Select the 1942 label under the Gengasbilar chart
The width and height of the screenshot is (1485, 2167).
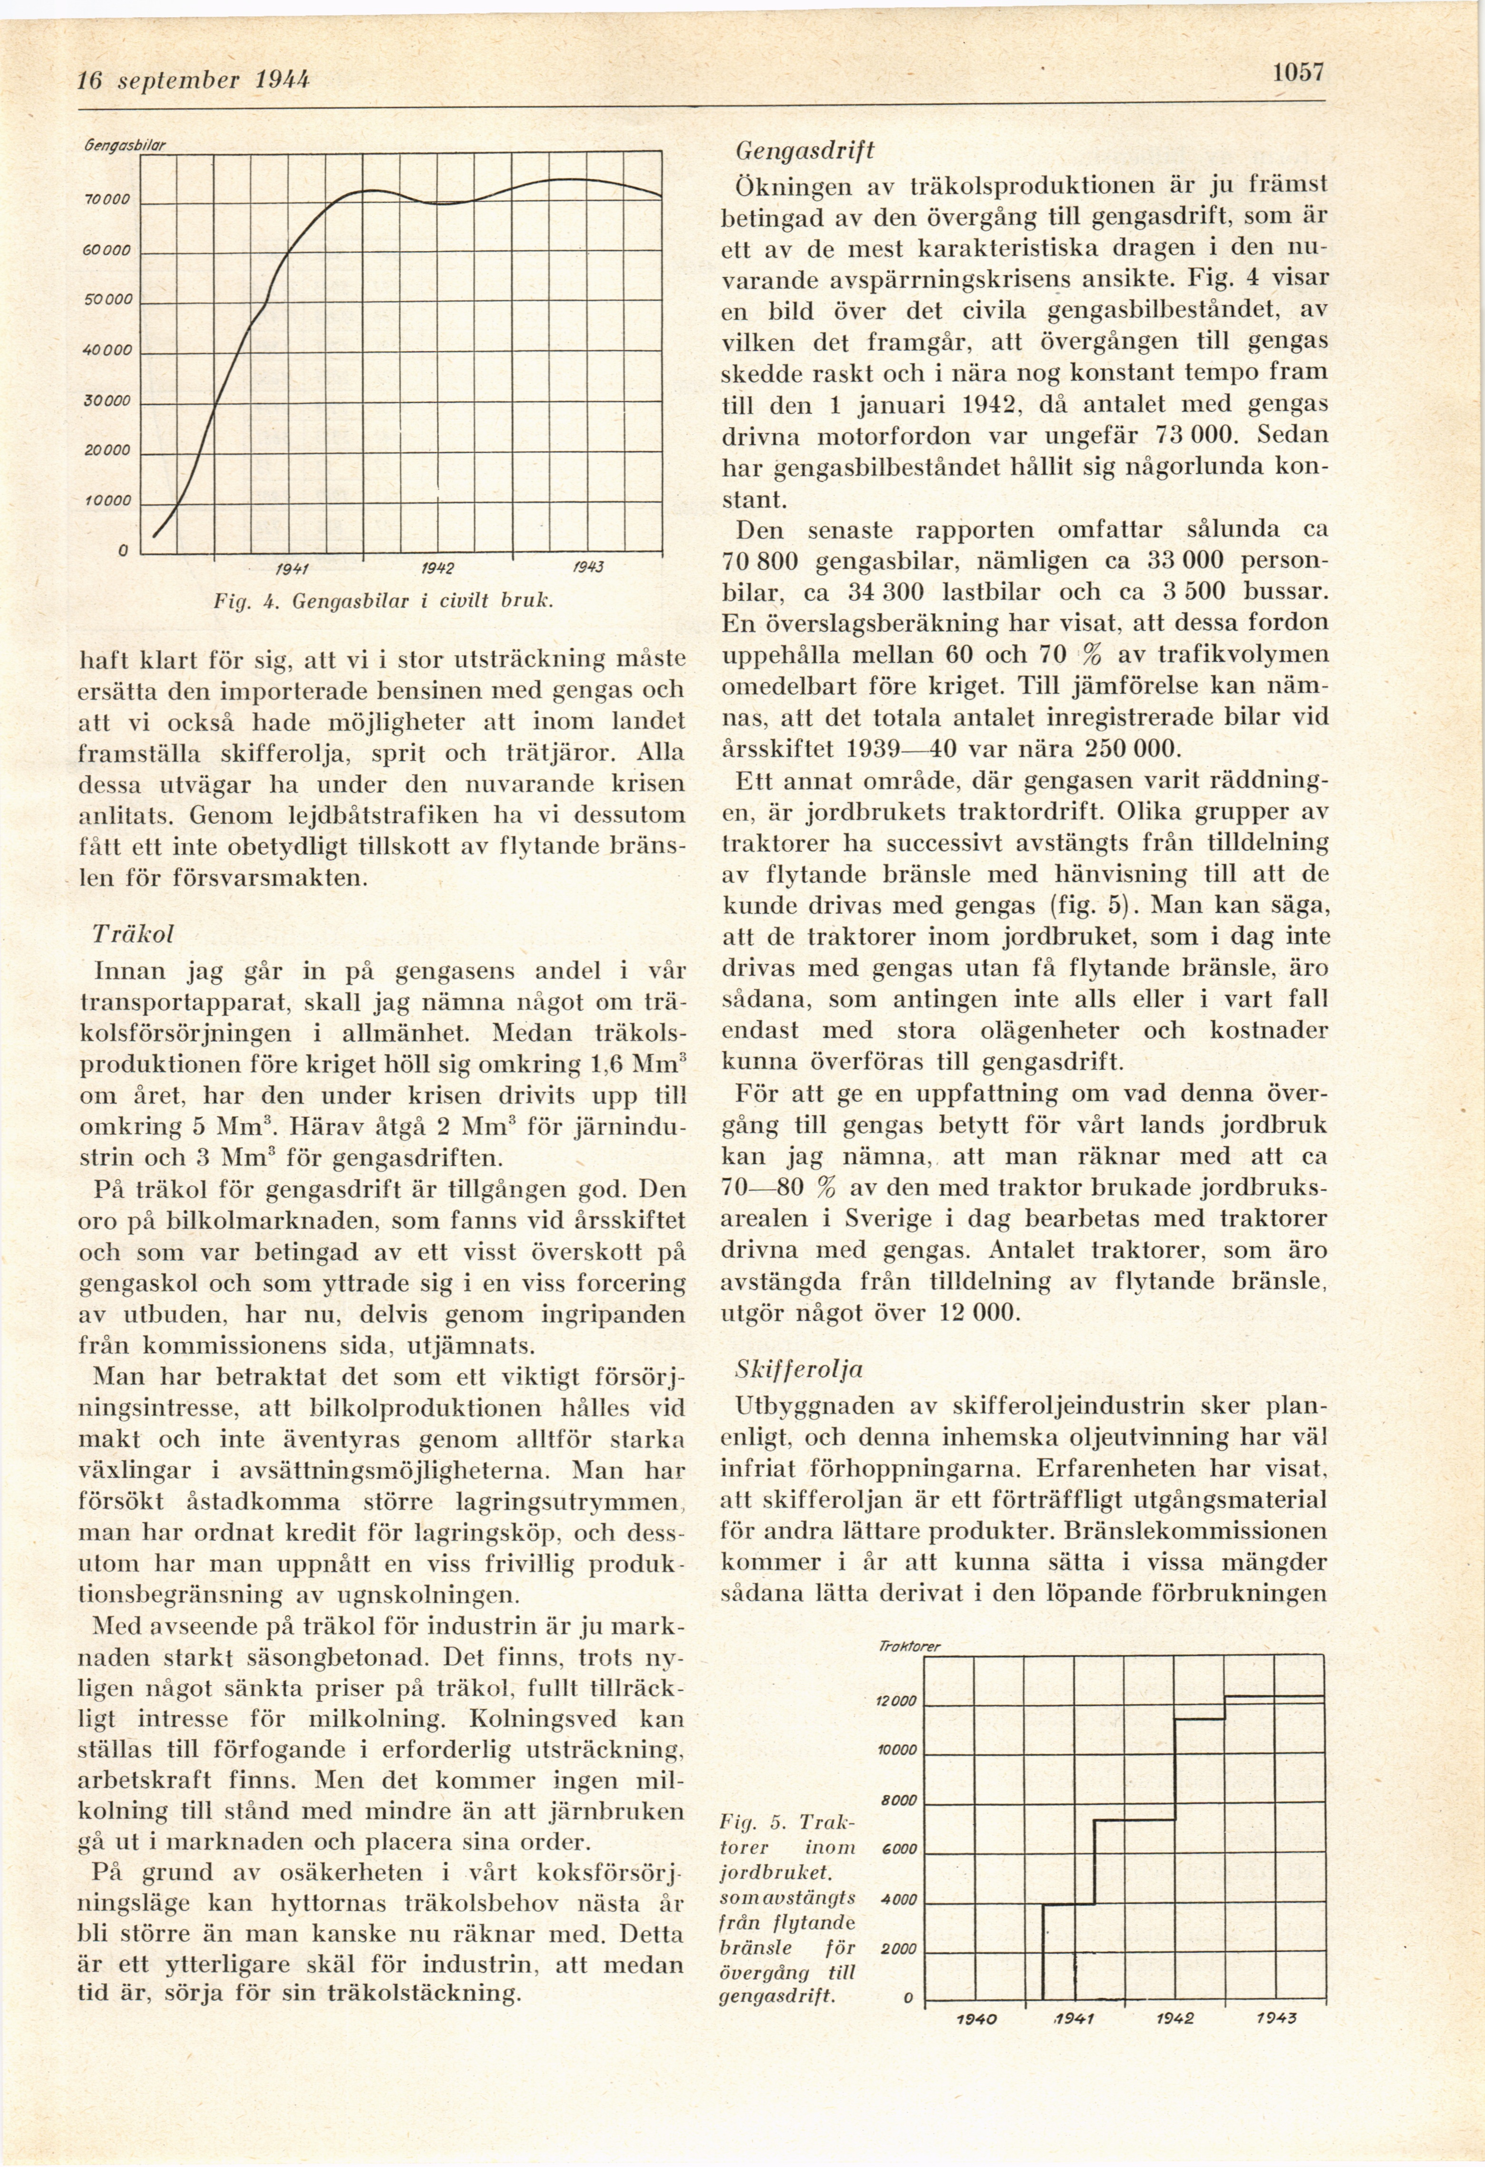coord(437,568)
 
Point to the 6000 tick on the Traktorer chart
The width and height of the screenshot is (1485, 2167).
coord(899,1849)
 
